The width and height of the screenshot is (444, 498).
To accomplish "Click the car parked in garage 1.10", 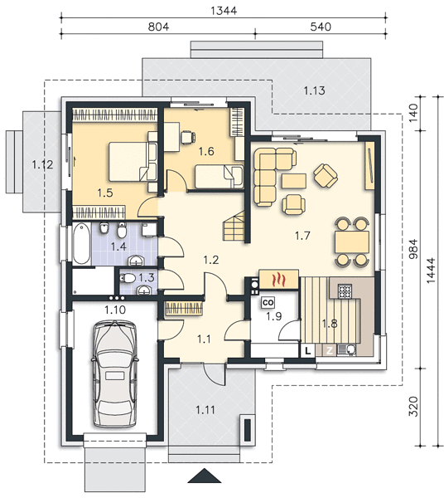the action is [x=114, y=374].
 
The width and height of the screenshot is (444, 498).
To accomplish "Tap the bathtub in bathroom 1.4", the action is [x=81, y=244].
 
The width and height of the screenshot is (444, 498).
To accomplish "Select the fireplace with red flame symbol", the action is [x=279, y=280].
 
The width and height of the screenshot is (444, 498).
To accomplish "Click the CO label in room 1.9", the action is [x=268, y=303].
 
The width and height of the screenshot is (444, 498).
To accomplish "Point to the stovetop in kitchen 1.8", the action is [x=345, y=291].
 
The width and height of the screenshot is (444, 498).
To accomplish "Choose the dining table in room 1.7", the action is [x=351, y=242].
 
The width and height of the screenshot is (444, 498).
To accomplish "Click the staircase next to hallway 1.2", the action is [x=234, y=227].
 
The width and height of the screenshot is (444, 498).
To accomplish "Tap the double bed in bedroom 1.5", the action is [x=133, y=162].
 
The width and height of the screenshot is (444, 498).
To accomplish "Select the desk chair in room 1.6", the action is [x=187, y=137].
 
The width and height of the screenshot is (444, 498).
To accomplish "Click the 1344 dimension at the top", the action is [x=224, y=11].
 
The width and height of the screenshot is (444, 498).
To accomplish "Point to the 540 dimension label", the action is [x=321, y=27].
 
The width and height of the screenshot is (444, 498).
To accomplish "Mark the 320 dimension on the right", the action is [x=413, y=406].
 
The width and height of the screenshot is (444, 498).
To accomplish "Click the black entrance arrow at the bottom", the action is [x=205, y=476].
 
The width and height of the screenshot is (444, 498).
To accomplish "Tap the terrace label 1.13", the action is [x=315, y=90].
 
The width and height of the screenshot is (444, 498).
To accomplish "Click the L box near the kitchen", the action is [x=307, y=351].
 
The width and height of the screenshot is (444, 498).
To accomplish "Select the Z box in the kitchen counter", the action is [x=330, y=351].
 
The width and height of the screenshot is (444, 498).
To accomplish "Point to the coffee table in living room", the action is [x=294, y=182].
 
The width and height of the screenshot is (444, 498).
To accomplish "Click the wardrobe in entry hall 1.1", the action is [x=184, y=309].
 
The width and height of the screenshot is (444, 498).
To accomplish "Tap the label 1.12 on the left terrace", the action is [x=42, y=165].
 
